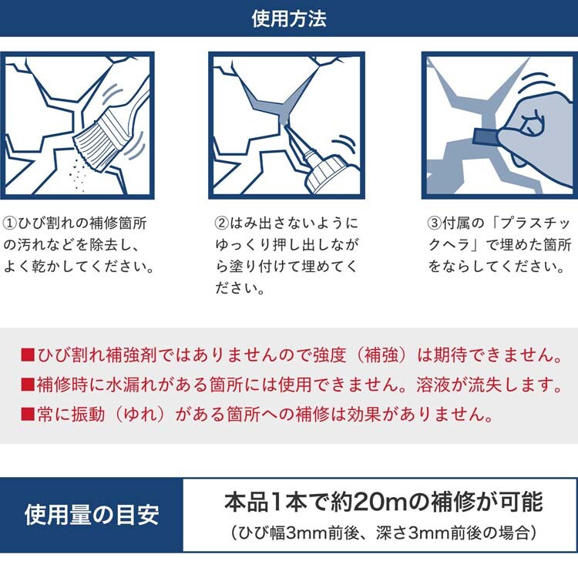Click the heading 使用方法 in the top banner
point(289,18)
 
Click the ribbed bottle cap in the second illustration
point(324,173)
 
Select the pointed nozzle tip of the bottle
point(286,126)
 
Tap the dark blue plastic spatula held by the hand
point(486,137)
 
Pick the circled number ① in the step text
point(9,223)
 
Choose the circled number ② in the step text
point(221,223)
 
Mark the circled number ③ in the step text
point(434,223)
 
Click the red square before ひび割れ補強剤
point(28,355)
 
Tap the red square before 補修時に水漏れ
point(28,384)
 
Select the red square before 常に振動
point(28,414)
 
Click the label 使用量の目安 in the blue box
point(92,515)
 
